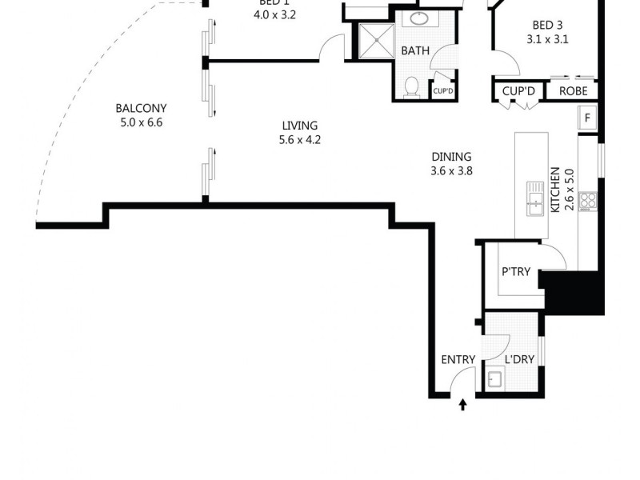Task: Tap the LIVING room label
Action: [299, 126]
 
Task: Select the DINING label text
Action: [452, 157]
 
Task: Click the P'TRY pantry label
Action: [517, 272]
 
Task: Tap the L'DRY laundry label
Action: [519, 359]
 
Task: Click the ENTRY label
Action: [458, 359]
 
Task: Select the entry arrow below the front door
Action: [462, 406]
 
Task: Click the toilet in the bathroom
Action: [412, 86]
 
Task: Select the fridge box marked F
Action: [587, 118]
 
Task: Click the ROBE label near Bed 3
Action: [573, 91]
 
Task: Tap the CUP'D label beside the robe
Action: [518, 91]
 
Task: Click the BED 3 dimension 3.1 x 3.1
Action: [547, 38]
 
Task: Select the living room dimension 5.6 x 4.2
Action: [299, 140]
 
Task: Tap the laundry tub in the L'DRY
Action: [494, 379]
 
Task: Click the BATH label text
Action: [415, 50]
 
